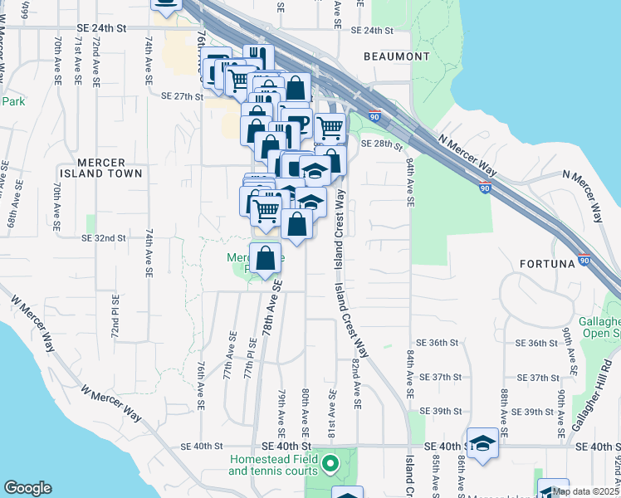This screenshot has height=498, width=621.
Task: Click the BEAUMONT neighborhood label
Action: click(397, 56)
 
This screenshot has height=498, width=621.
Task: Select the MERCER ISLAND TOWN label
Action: click(97, 168)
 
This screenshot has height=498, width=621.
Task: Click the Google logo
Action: click(27, 488)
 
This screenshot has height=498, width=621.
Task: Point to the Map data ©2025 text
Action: click(585, 491)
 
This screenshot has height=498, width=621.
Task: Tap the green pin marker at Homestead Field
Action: click(330, 464)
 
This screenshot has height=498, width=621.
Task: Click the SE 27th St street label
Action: click(182, 96)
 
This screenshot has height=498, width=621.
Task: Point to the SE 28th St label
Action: click(381, 144)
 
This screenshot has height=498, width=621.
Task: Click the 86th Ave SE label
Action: click(462, 476)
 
